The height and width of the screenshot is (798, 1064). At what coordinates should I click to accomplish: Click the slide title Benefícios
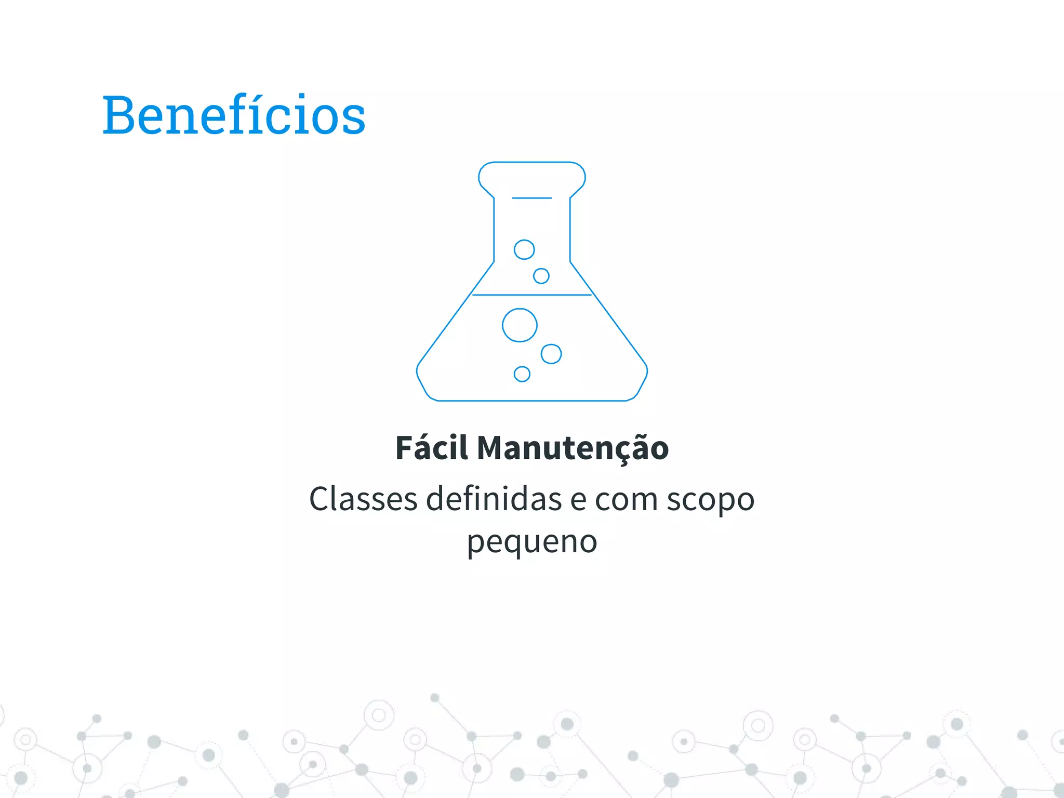234,115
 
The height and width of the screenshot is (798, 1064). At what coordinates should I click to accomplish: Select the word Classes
363,499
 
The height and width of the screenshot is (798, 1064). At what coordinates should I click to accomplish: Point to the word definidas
494,499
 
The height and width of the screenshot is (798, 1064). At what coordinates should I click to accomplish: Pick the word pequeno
532,542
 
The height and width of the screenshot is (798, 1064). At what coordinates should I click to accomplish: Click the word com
626,500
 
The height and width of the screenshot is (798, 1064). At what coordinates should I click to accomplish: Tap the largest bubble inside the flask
520,325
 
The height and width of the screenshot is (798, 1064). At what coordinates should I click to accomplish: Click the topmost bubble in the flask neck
524,249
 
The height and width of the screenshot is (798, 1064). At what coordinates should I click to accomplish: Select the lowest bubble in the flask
522,374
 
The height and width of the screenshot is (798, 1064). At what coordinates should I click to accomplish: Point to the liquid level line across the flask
532,295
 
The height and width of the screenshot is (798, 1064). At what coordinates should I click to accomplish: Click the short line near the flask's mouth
531,198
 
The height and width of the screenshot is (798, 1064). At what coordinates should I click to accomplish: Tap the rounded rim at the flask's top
532,163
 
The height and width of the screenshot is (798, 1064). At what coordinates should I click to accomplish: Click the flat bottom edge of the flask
532,401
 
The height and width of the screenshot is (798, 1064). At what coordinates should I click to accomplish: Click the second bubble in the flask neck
541,276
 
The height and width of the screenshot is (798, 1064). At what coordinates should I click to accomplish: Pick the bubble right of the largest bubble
551,354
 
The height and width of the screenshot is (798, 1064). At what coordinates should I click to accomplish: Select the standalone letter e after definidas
578,500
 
